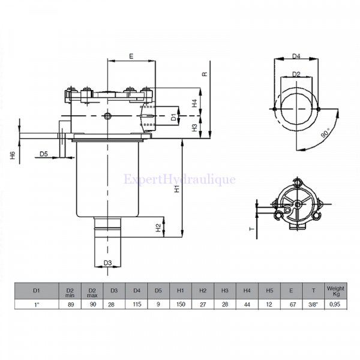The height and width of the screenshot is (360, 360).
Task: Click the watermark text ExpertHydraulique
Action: pos(179,179)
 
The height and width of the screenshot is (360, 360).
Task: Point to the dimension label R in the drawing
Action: pos(205,74)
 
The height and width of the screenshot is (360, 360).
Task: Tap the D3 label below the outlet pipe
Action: pos(107,263)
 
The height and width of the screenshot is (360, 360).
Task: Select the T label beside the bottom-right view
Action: pos(252,229)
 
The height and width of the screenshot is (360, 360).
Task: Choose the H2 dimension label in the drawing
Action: pos(158,227)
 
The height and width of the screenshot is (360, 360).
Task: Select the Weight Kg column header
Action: pos(335,291)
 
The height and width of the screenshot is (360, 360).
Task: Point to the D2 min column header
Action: pos(70,291)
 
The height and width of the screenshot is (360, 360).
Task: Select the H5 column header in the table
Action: pos(269,291)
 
